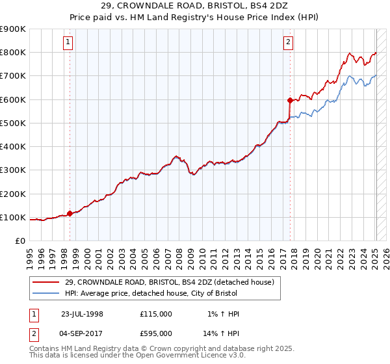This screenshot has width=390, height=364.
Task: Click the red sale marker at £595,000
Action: [290, 100]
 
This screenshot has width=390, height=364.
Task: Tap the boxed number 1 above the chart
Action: [68, 43]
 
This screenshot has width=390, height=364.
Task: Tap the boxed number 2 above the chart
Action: [288, 43]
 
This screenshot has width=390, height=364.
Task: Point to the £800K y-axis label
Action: [13, 53]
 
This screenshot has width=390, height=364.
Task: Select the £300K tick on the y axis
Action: [13, 170]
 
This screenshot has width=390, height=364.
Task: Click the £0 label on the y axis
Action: [19, 241]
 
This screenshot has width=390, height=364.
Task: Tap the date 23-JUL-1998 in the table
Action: [82, 313]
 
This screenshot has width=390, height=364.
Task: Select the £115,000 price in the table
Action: [156, 313]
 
